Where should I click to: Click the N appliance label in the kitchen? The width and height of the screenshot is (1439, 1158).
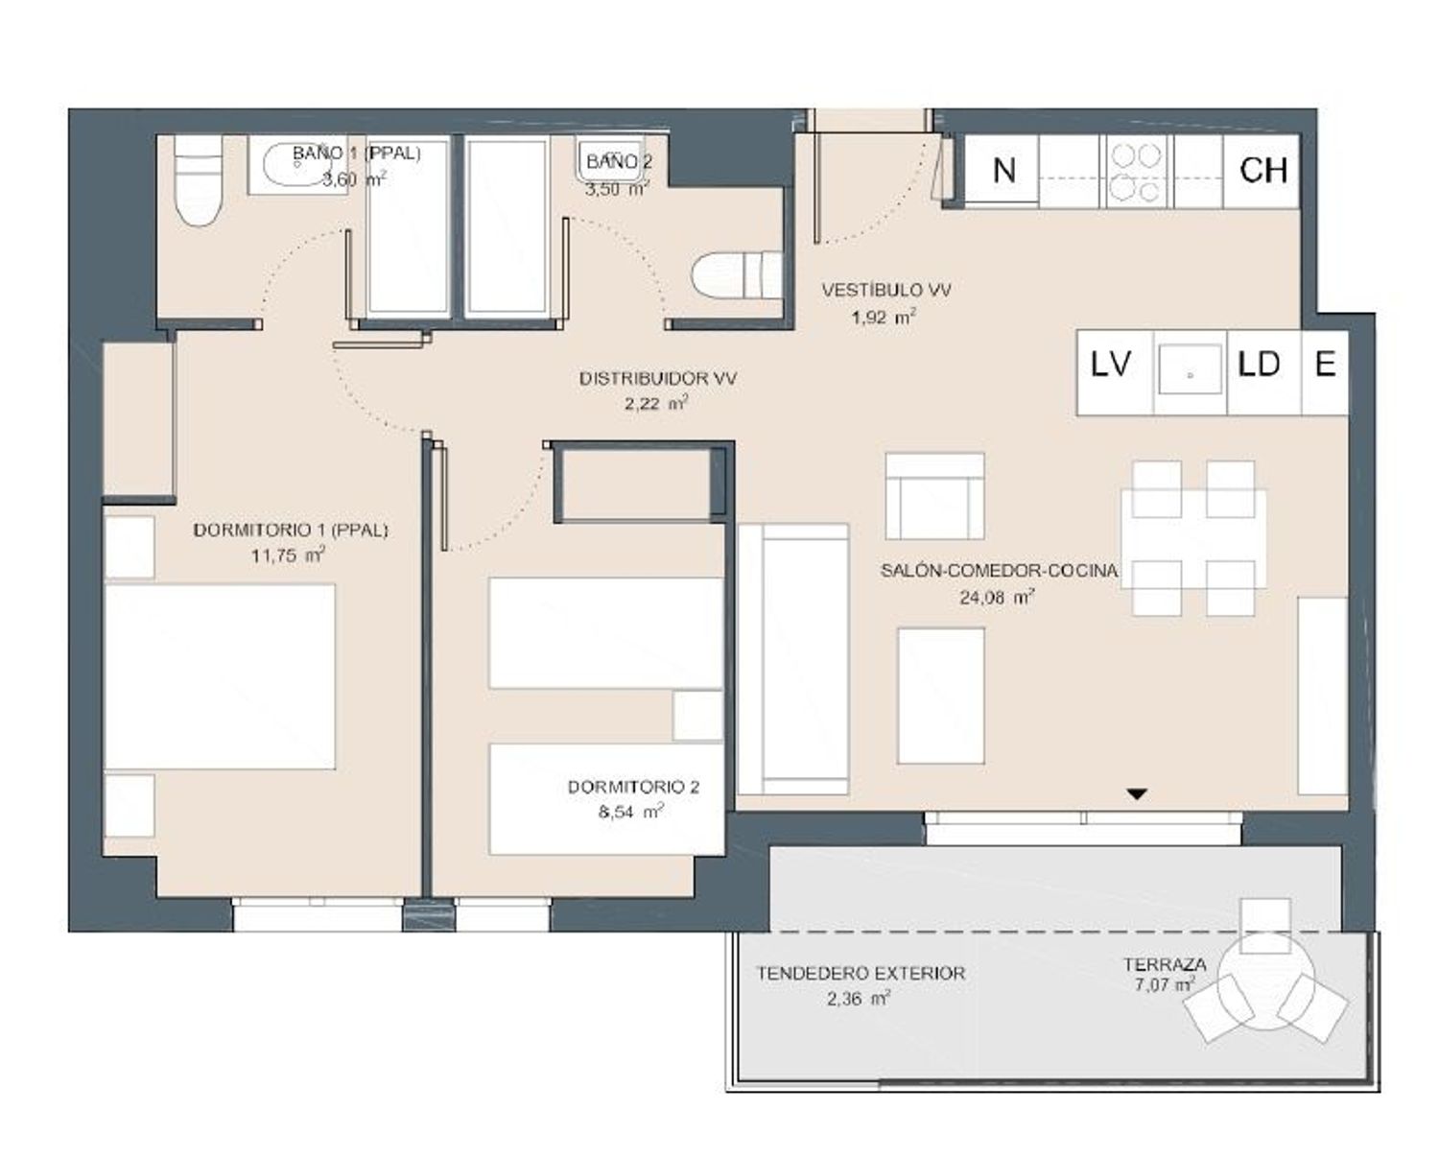[x=1003, y=170]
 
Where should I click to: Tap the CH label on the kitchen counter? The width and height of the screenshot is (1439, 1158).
[x=1263, y=170]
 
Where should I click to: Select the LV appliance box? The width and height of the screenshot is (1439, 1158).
[x=1115, y=372]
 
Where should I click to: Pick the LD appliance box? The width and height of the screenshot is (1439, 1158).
[x=1264, y=372]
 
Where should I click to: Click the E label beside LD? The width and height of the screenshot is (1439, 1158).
[x=1326, y=365]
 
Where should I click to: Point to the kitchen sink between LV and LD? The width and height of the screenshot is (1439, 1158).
[x=1191, y=372]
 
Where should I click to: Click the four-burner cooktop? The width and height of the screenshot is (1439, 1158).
[x=1136, y=172]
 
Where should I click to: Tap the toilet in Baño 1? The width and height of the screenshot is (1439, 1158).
[x=198, y=180]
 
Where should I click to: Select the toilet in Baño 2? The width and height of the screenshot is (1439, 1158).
[x=736, y=275]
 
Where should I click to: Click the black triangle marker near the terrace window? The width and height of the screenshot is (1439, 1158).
[x=1137, y=794]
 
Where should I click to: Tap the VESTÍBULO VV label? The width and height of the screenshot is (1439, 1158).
[x=886, y=290]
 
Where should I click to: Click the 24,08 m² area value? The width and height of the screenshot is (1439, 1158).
[x=997, y=597]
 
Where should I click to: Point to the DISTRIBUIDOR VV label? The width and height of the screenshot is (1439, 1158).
[x=658, y=379]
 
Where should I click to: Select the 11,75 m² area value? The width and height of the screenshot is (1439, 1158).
[x=288, y=555]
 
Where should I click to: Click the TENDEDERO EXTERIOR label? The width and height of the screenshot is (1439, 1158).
[x=861, y=973]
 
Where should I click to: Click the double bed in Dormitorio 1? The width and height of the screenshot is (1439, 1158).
[x=220, y=676]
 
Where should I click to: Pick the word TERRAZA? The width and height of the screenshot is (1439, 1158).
[x=1165, y=964]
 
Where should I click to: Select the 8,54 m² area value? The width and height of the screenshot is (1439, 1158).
[x=630, y=813]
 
